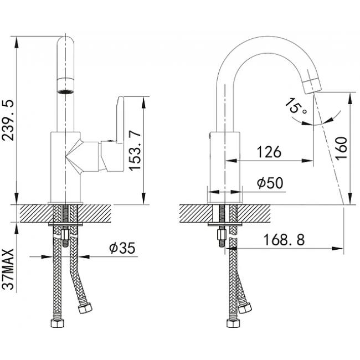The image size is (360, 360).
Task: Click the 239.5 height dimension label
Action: coord(9,120)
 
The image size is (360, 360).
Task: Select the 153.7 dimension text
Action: coord(135,151)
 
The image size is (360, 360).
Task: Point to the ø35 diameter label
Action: coord(122,248)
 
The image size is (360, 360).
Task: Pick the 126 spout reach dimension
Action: coord(269,152)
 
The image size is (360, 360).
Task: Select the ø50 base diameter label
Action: coord(270,183)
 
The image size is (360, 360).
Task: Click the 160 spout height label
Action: coord(341,148)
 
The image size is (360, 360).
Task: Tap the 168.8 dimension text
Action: coord(284,239)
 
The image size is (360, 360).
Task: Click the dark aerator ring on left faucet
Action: coord(65,91)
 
